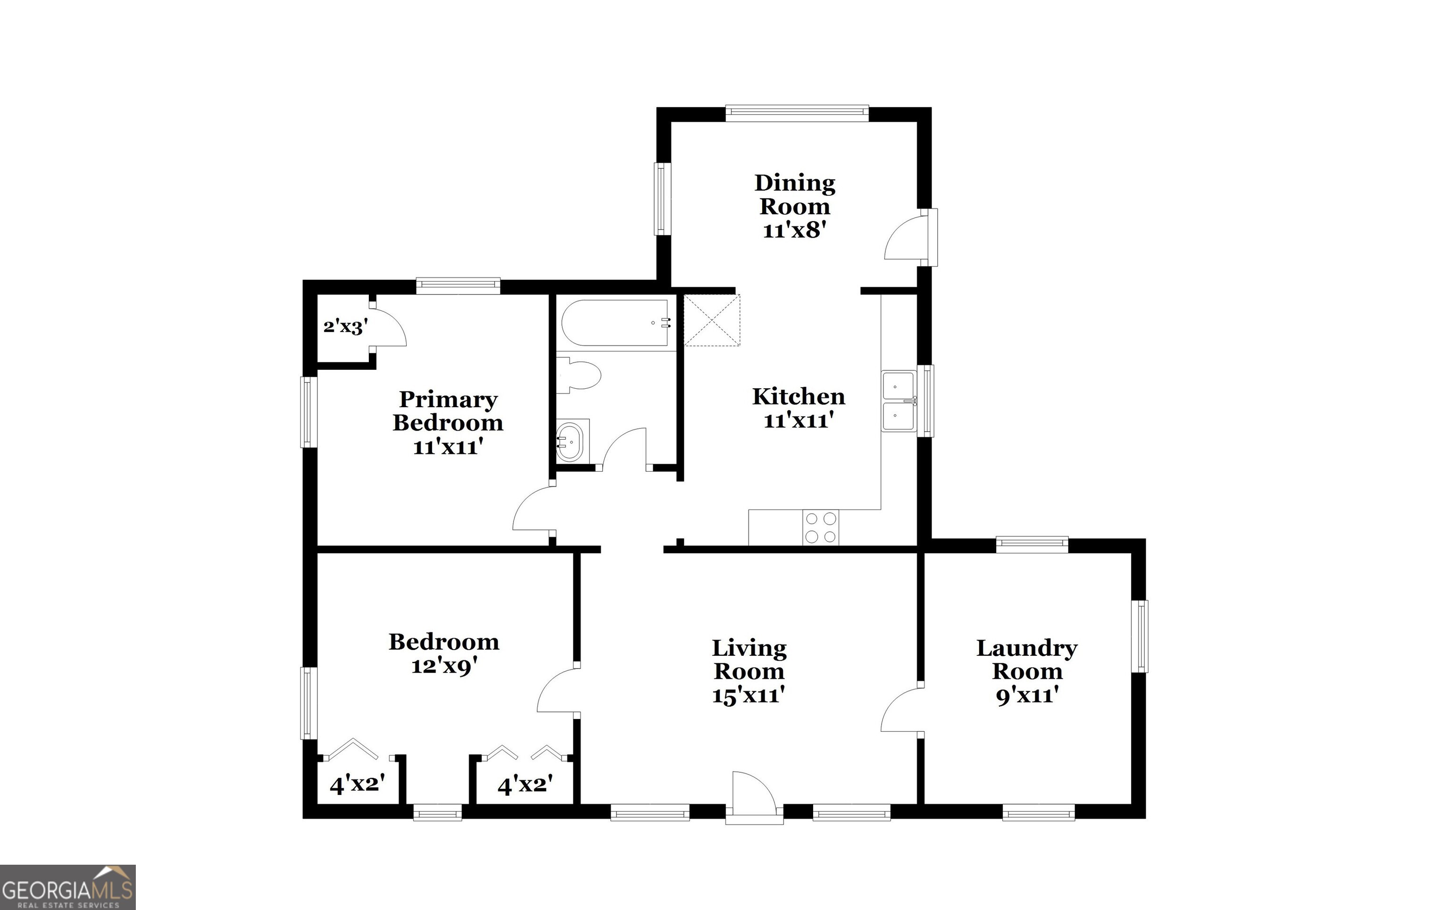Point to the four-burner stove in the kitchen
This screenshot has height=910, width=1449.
pos(821,527)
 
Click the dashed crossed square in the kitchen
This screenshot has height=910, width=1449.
pos(712,320)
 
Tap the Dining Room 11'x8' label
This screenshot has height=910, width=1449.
pos(794,207)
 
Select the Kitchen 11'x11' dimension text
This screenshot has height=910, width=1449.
pos(799,420)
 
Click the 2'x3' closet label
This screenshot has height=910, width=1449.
pos(345,327)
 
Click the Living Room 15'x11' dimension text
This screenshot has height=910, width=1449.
pos(749,696)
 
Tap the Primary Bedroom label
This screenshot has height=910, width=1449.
pos(448,411)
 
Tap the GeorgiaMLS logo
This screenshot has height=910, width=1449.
pos(67,887)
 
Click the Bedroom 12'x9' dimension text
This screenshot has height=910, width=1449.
pos(444,666)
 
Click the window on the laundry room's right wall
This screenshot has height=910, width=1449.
pos(1139,636)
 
